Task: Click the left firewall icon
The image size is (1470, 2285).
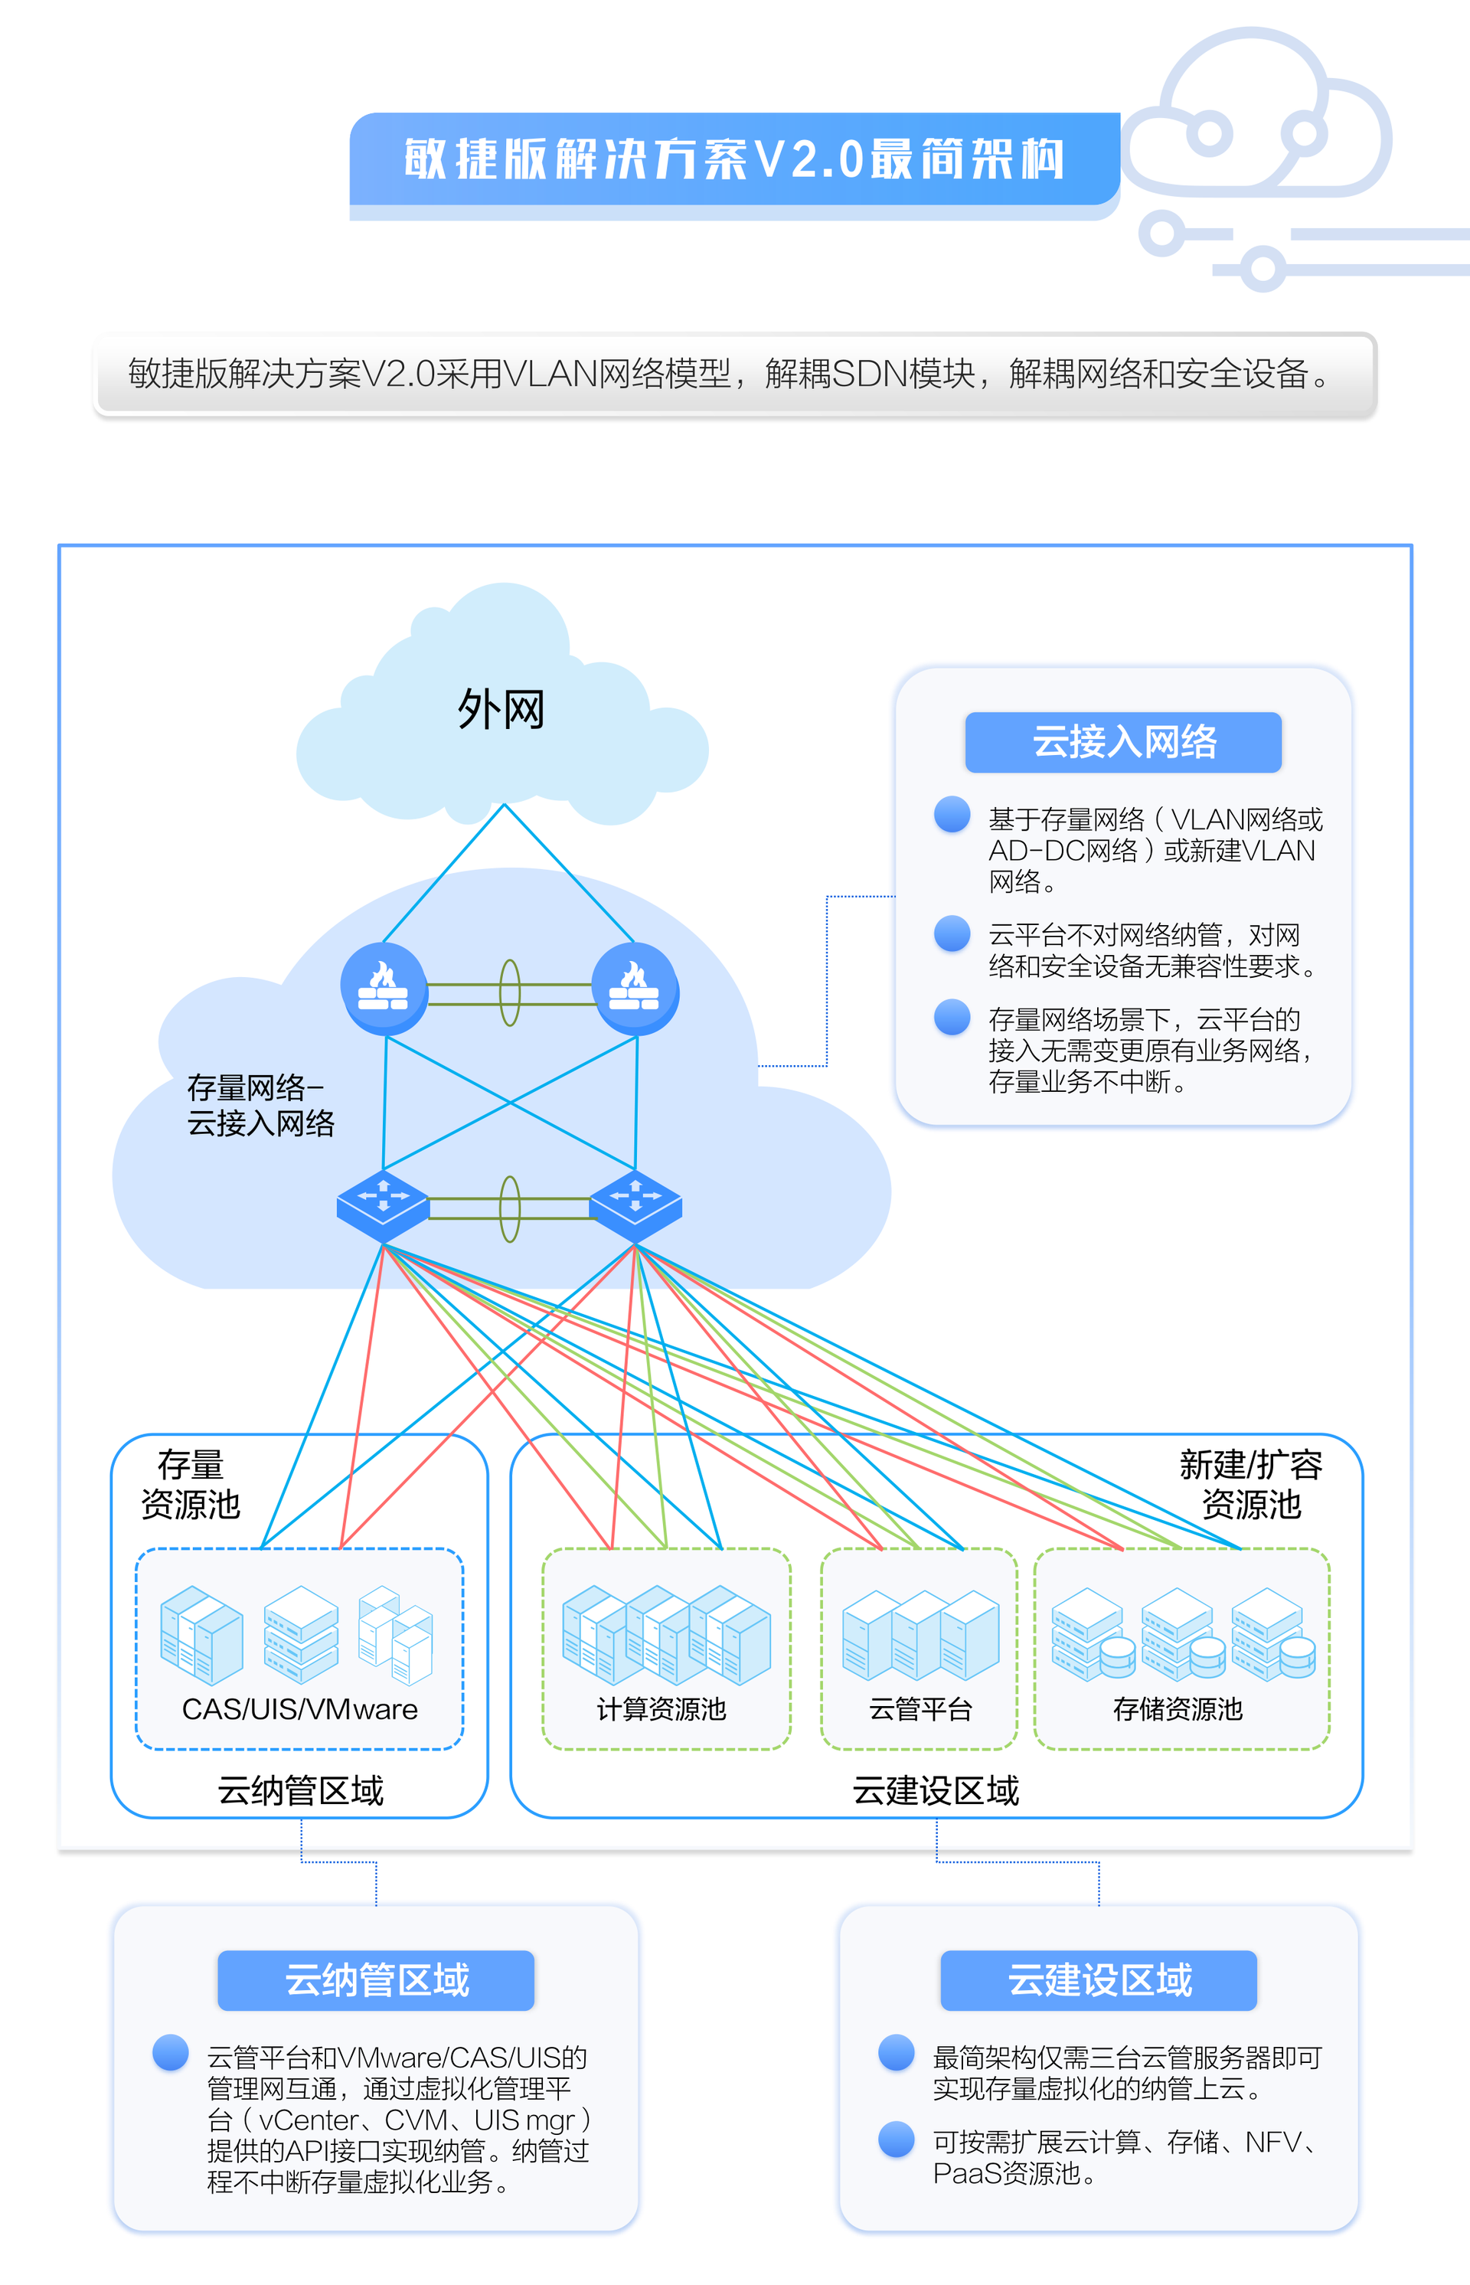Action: point(384,988)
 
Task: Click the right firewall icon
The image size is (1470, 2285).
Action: point(635,988)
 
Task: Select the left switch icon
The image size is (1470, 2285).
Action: point(383,1205)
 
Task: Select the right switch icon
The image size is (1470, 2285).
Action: point(635,1205)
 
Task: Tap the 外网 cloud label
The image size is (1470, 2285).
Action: point(501,710)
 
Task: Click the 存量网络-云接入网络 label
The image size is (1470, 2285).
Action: point(260,1105)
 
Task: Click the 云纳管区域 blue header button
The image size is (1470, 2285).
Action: point(376,1980)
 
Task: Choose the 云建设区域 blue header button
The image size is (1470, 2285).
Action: point(1099,1980)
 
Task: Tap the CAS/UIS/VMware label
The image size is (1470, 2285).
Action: point(299,1709)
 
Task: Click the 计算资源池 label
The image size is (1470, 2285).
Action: point(661,1709)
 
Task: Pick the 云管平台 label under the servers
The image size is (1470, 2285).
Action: point(920,1709)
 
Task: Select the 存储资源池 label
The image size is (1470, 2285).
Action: point(1178,1709)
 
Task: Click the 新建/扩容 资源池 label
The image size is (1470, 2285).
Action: point(1250,1484)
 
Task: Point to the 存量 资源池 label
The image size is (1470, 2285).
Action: point(191,1484)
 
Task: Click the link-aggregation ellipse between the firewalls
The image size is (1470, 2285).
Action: point(511,992)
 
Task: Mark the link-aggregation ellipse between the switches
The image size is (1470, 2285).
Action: point(511,1208)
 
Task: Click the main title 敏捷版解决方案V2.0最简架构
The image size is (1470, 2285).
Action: point(734,159)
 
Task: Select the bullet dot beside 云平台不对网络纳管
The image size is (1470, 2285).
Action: point(952,933)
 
